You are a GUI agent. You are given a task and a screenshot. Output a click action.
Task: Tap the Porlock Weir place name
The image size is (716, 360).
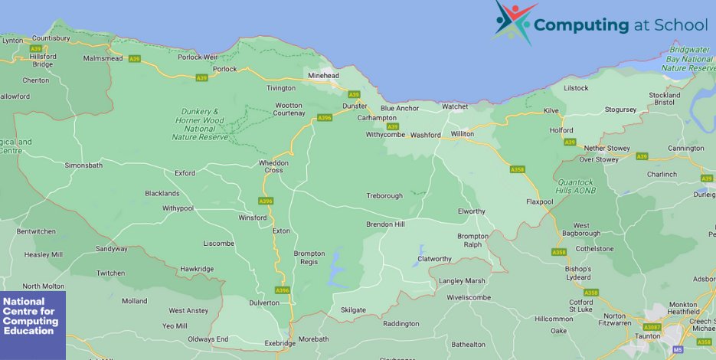click(x=198, y=57)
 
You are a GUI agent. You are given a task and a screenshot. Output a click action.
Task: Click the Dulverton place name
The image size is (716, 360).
click(x=264, y=303)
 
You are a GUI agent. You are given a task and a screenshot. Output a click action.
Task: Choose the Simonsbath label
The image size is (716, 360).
click(x=83, y=165)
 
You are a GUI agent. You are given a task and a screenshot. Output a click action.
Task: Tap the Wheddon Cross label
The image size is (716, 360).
click(x=273, y=166)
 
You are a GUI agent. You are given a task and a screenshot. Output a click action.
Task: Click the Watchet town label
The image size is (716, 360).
click(x=454, y=106)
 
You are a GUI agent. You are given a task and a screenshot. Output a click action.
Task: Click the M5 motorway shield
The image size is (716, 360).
click(x=678, y=350)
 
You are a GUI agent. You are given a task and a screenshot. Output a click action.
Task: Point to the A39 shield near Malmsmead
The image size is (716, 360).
click(x=135, y=59)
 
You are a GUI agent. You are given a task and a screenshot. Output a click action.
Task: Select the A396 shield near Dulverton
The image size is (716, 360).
click(x=283, y=290)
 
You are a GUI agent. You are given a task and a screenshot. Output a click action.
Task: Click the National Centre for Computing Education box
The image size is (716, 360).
click(x=33, y=325)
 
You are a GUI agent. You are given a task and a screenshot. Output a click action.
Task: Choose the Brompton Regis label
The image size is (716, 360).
click(x=309, y=257)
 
